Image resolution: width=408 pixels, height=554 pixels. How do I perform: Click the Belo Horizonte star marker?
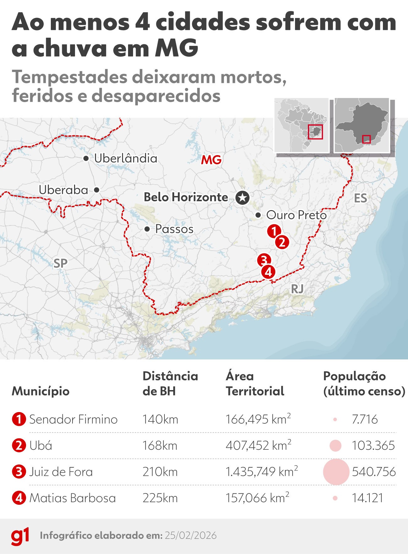pos(243,198)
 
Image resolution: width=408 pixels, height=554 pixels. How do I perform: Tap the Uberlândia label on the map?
pos(126,159)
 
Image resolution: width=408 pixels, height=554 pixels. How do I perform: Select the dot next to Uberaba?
pos(97,190)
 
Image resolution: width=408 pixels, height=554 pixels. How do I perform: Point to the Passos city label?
pos(174,229)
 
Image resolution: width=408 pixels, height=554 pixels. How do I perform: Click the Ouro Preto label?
pos(296,215)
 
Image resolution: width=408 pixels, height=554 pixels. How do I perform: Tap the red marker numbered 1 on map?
pos(274,231)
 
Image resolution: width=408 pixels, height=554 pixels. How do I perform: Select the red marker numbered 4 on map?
pos(269,272)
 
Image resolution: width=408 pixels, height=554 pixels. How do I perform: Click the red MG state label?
pos(211,160)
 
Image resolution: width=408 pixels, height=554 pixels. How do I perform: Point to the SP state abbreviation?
pos(60,263)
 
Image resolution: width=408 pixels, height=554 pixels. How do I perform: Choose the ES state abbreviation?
pos(360,198)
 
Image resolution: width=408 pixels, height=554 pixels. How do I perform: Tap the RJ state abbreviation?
pos(297,289)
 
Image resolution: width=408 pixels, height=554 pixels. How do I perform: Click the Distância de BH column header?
pos(170,383)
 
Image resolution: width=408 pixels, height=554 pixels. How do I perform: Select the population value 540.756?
pos(374,472)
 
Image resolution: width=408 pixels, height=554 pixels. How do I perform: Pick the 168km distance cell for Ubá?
pos(160,446)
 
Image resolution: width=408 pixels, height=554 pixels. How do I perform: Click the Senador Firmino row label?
pos(73,420)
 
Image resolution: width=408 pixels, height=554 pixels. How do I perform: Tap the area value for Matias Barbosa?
pos(257,498)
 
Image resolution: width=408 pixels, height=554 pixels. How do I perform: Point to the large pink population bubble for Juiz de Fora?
pos(336,472)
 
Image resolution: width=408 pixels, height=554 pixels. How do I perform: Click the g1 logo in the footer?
pos(20,536)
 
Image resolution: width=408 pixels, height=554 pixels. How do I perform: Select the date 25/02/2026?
pos(191,535)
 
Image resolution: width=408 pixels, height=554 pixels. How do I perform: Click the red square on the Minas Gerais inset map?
pos(366,139)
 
